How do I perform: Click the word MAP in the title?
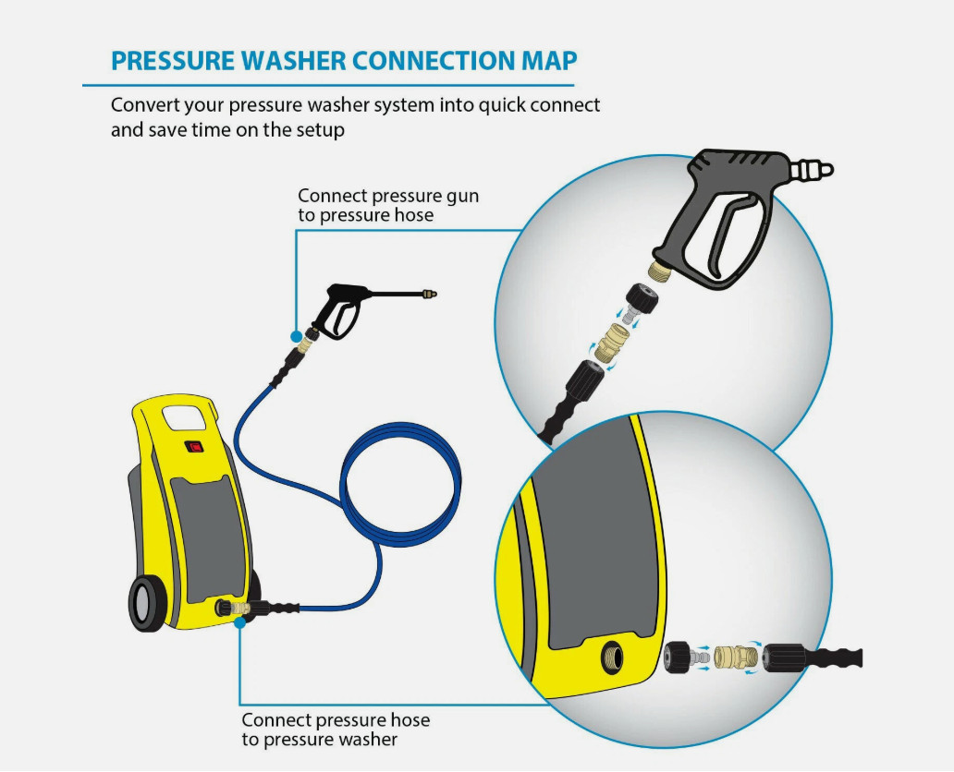(549, 61)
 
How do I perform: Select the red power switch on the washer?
(195, 447)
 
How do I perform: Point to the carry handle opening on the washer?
(183, 419)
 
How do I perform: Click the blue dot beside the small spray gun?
(297, 336)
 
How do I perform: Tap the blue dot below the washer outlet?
(240, 622)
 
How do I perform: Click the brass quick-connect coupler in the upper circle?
(609, 343)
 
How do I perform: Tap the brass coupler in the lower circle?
(736, 657)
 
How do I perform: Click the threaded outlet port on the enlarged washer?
(612, 657)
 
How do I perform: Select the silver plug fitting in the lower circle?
(700, 657)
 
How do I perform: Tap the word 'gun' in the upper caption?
(463, 197)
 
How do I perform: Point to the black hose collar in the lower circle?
(784, 657)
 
